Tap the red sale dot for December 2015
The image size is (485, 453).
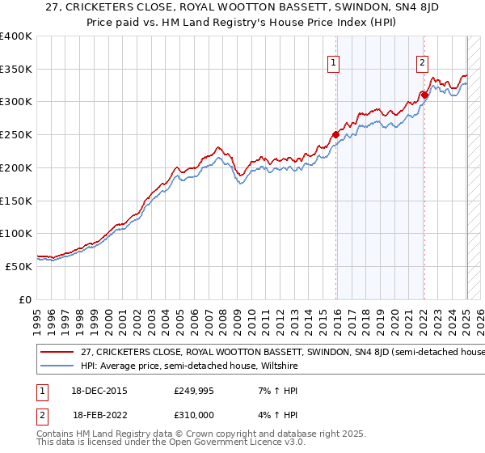click(336, 134)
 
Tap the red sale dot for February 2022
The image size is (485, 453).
click(424, 95)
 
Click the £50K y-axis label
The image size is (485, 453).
click(19, 266)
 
